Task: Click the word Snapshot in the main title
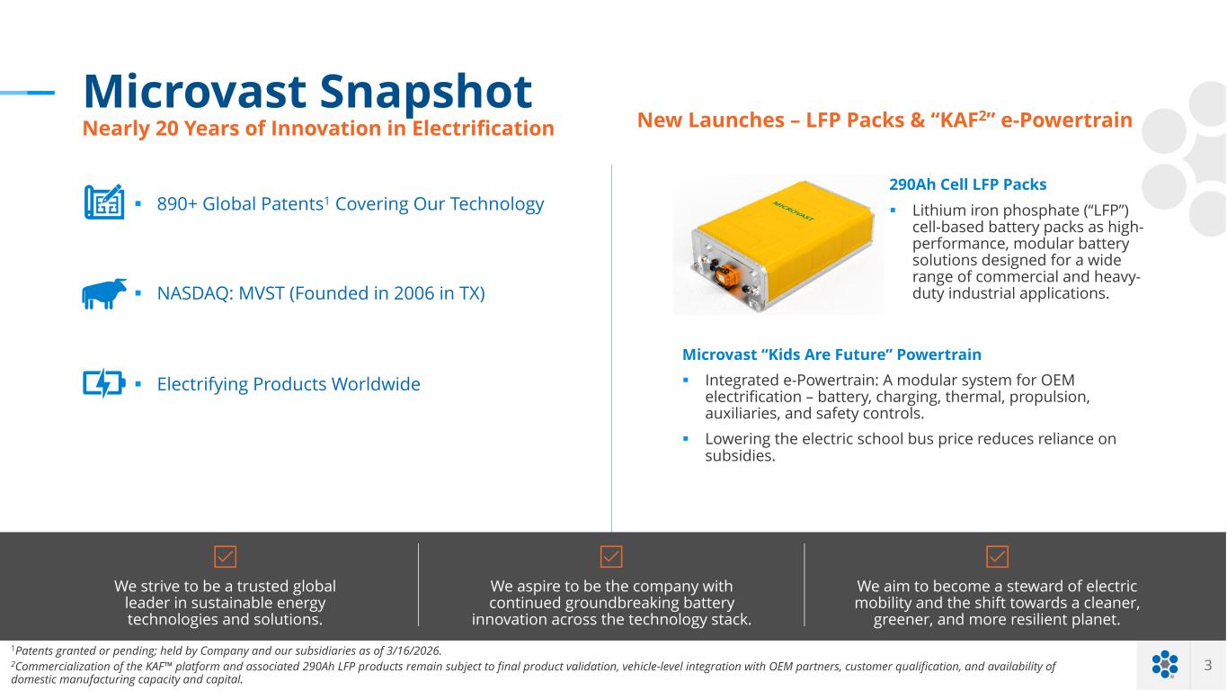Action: [x=425, y=92]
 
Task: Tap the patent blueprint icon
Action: [x=104, y=202]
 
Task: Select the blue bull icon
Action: [x=104, y=293]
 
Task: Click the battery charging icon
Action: [x=104, y=382]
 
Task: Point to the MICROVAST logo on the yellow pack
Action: [x=793, y=211]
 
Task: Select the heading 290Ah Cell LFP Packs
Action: [x=967, y=184]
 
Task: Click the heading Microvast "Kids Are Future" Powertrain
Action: [x=831, y=354]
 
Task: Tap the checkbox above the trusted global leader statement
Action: [x=225, y=556]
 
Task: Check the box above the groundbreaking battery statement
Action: [x=611, y=556]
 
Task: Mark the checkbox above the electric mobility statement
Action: [x=997, y=556]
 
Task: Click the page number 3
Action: [x=1208, y=665]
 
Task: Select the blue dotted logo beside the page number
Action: [x=1165, y=664]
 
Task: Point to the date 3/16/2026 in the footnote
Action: [x=413, y=651]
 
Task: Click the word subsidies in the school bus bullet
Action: [x=739, y=456]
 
